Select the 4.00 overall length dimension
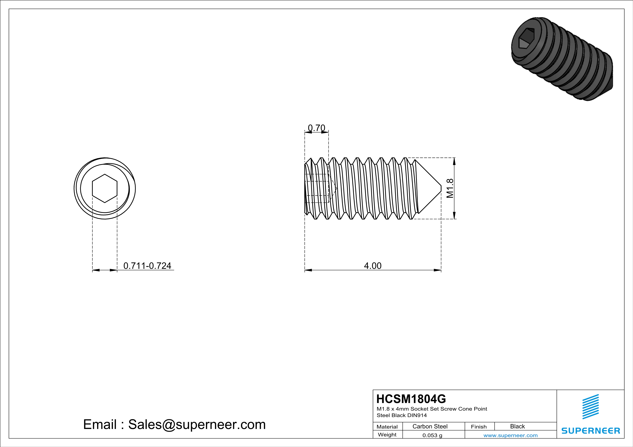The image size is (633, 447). tap(373, 266)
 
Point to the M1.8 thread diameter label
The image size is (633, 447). tap(450, 188)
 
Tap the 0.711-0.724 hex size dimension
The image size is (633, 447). tap(147, 266)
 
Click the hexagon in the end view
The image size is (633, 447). tap(105, 189)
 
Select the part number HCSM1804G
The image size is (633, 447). tap(411, 399)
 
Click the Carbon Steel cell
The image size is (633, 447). tap(430, 426)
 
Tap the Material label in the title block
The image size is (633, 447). tap(387, 427)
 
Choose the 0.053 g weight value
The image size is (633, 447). tap(432, 435)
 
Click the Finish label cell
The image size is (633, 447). tap(479, 427)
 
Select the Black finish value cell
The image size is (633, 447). tap(517, 426)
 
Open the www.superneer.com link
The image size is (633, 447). tap(510, 435)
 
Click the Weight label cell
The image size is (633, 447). tap(387, 435)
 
